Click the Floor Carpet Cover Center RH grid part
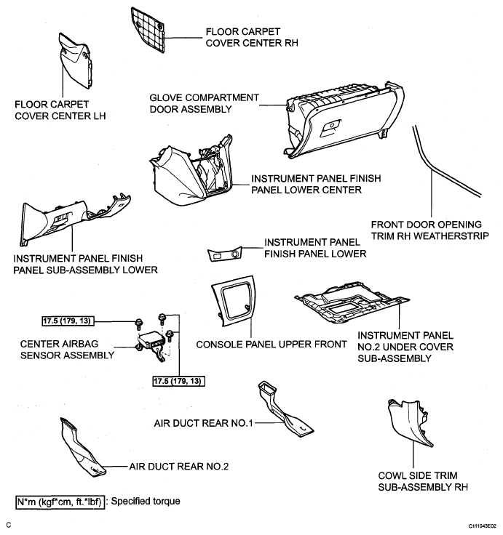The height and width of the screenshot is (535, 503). pyautogui.click(x=148, y=30)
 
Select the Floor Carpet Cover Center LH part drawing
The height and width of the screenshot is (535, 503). pyautogui.click(x=75, y=61)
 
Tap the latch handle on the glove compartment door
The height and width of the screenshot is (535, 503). pyautogui.click(x=330, y=128)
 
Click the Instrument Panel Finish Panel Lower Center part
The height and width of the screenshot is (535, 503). pyautogui.click(x=191, y=172)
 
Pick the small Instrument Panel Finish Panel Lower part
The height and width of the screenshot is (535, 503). pyautogui.click(x=225, y=254)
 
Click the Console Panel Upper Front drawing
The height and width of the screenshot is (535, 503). pyautogui.click(x=234, y=300)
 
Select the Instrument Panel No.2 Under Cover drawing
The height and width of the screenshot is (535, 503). pyautogui.click(x=352, y=302)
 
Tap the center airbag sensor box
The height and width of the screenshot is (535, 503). pyautogui.click(x=150, y=342)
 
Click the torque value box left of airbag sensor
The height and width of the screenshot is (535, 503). pyautogui.click(x=68, y=321)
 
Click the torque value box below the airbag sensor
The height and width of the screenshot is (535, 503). pyautogui.click(x=178, y=381)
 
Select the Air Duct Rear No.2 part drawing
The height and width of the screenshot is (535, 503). pyautogui.click(x=82, y=447)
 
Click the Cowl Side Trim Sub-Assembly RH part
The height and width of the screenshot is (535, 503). pyautogui.click(x=410, y=422)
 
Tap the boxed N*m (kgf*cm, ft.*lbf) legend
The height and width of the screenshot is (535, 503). pyautogui.click(x=60, y=502)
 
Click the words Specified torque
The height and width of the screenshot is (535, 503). pyautogui.click(x=146, y=502)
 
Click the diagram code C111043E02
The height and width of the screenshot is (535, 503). pyautogui.click(x=482, y=526)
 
